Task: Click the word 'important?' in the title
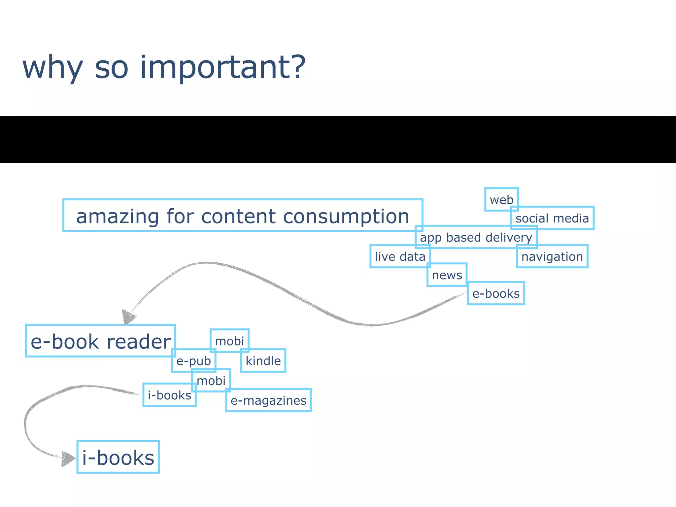[223, 67]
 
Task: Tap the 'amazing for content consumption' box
[243, 216]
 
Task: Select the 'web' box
[501, 199]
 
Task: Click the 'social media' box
[552, 218]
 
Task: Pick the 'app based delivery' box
[476, 237]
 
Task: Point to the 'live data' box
[400, 256]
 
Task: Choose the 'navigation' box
[552, 256]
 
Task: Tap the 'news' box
[447, 275]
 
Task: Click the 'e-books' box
[496, 293]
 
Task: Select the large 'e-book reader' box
[100, 341]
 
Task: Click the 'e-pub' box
[193, 361]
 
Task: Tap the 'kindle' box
[263, 361]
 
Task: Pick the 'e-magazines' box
[268, 400]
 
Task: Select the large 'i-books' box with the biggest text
[118, 457]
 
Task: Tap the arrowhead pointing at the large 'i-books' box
[68, 459]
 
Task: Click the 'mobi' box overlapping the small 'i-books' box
[211, 381]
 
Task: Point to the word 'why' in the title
[52, 67]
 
